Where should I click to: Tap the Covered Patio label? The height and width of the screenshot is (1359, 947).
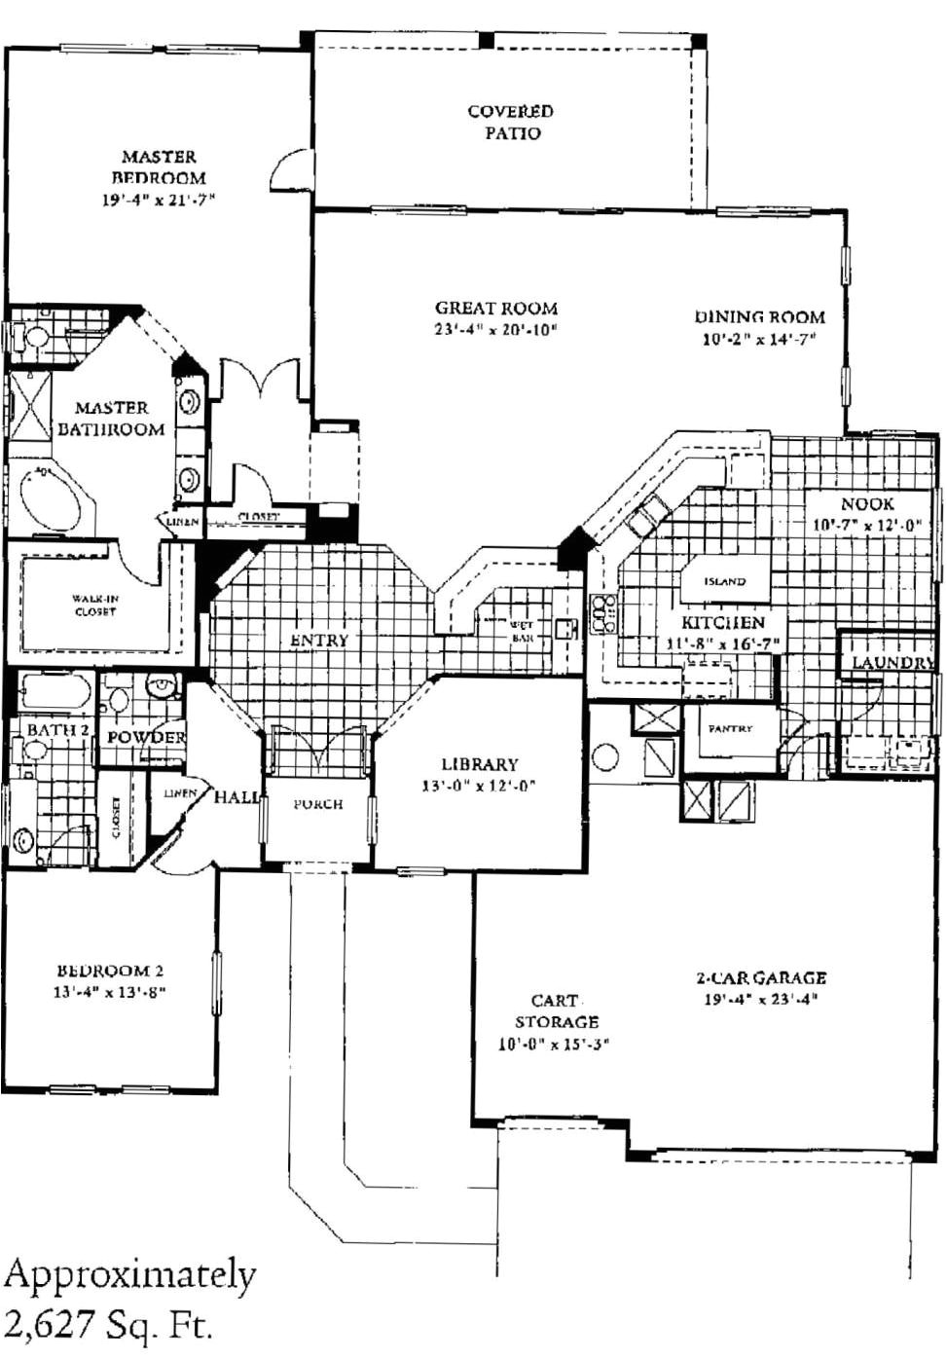[511, 122]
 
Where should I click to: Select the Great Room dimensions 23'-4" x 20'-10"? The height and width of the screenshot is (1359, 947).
[495, 330]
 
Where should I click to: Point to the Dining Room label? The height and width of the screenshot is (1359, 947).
[759, 316]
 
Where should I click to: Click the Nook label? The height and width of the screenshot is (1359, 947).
[866, 503]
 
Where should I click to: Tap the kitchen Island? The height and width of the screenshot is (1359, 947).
[724, 581]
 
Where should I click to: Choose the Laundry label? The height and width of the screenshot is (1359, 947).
[892, 662]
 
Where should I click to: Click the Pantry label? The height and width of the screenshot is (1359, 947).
[730, 728]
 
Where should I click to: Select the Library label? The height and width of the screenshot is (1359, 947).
[479, 764]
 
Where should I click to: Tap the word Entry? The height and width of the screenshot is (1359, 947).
[318, 640]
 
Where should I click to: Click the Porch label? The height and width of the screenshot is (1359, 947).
[317, 804]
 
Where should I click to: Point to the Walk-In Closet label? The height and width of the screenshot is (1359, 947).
[94, 606]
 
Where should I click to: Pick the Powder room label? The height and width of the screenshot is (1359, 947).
[146, 737]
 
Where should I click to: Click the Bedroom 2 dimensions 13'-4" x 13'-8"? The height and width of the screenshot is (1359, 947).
[110, 993]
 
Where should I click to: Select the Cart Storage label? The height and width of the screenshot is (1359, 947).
[556, 1010]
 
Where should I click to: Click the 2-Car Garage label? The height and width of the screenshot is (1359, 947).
[760, 977]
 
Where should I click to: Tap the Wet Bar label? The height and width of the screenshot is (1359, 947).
[521, 631]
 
